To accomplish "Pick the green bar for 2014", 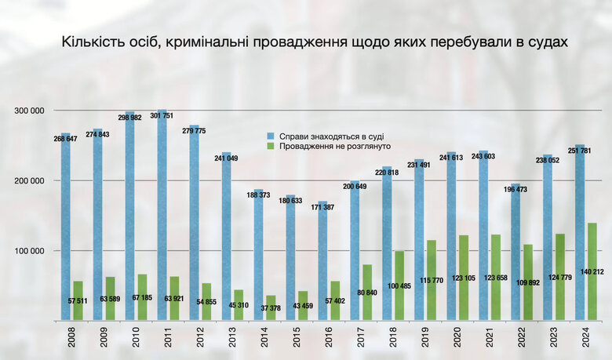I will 271,307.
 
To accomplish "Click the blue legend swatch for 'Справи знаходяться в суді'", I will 271,136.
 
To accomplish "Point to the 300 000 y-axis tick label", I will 30,111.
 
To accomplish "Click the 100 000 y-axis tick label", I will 30,250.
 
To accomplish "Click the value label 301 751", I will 163,116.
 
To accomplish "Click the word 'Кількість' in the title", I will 92,42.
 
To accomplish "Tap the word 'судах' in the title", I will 544,42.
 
